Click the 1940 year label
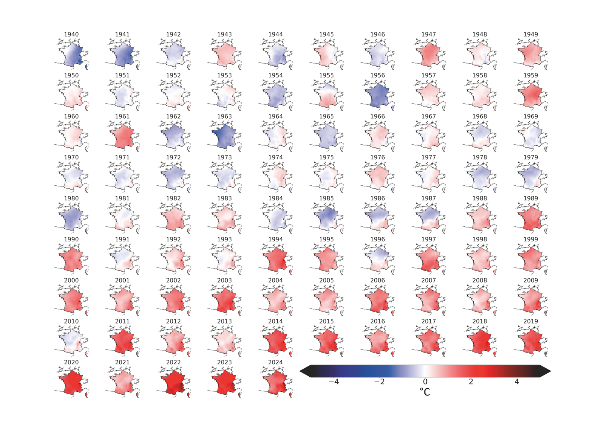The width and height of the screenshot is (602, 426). (x=71, y=34)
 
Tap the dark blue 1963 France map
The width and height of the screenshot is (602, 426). (x=224, y=136)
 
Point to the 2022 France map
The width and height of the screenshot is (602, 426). (x=173, y=382)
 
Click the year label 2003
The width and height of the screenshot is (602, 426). (x=224, y=280)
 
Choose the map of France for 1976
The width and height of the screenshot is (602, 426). (x=377, y=177)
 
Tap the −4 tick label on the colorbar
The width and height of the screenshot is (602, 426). (x=333, y=382)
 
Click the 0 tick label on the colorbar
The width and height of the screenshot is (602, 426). (x=425, y=382)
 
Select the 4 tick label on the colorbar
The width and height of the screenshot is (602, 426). (x=517, y=382)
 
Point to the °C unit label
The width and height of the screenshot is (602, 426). (x=425, y=392)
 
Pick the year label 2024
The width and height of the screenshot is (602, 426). (x=275, y=362)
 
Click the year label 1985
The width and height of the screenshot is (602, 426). (x=326, y=198)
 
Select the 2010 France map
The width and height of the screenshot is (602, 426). (x=71, y=341)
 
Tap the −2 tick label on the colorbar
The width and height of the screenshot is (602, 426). (x=379, y=382)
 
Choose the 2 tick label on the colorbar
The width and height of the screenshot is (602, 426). (x=471, y=382)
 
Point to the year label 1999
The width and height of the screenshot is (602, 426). (x=531, y=239)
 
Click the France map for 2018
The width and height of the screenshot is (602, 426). (x=479, y=341)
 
